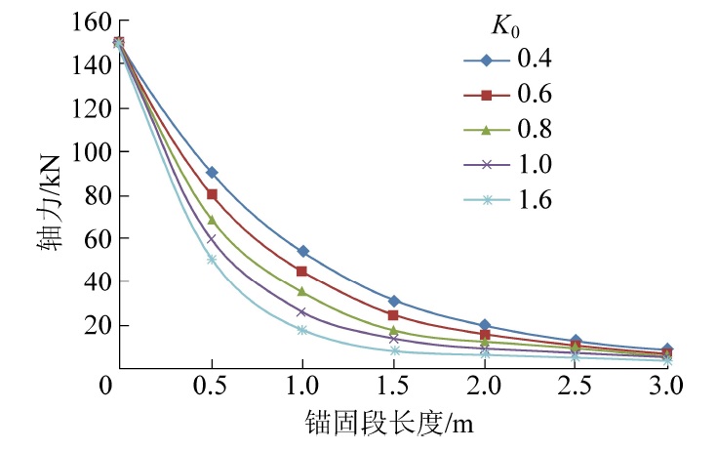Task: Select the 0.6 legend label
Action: coord(536,95)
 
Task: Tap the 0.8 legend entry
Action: coord(536,130)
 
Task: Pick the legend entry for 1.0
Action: coord(536,165)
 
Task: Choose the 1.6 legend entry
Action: coord(536,200)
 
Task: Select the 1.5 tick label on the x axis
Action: coord(393,388)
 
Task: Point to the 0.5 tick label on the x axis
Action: coord(211,388)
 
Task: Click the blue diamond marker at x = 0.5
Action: coord(212,173)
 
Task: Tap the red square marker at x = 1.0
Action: coord(302,271)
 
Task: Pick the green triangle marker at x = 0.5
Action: coord(212,220)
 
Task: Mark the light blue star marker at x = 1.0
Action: coord(302,330)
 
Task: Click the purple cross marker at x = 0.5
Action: coord(212,238)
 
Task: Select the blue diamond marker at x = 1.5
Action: coord(393,302)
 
